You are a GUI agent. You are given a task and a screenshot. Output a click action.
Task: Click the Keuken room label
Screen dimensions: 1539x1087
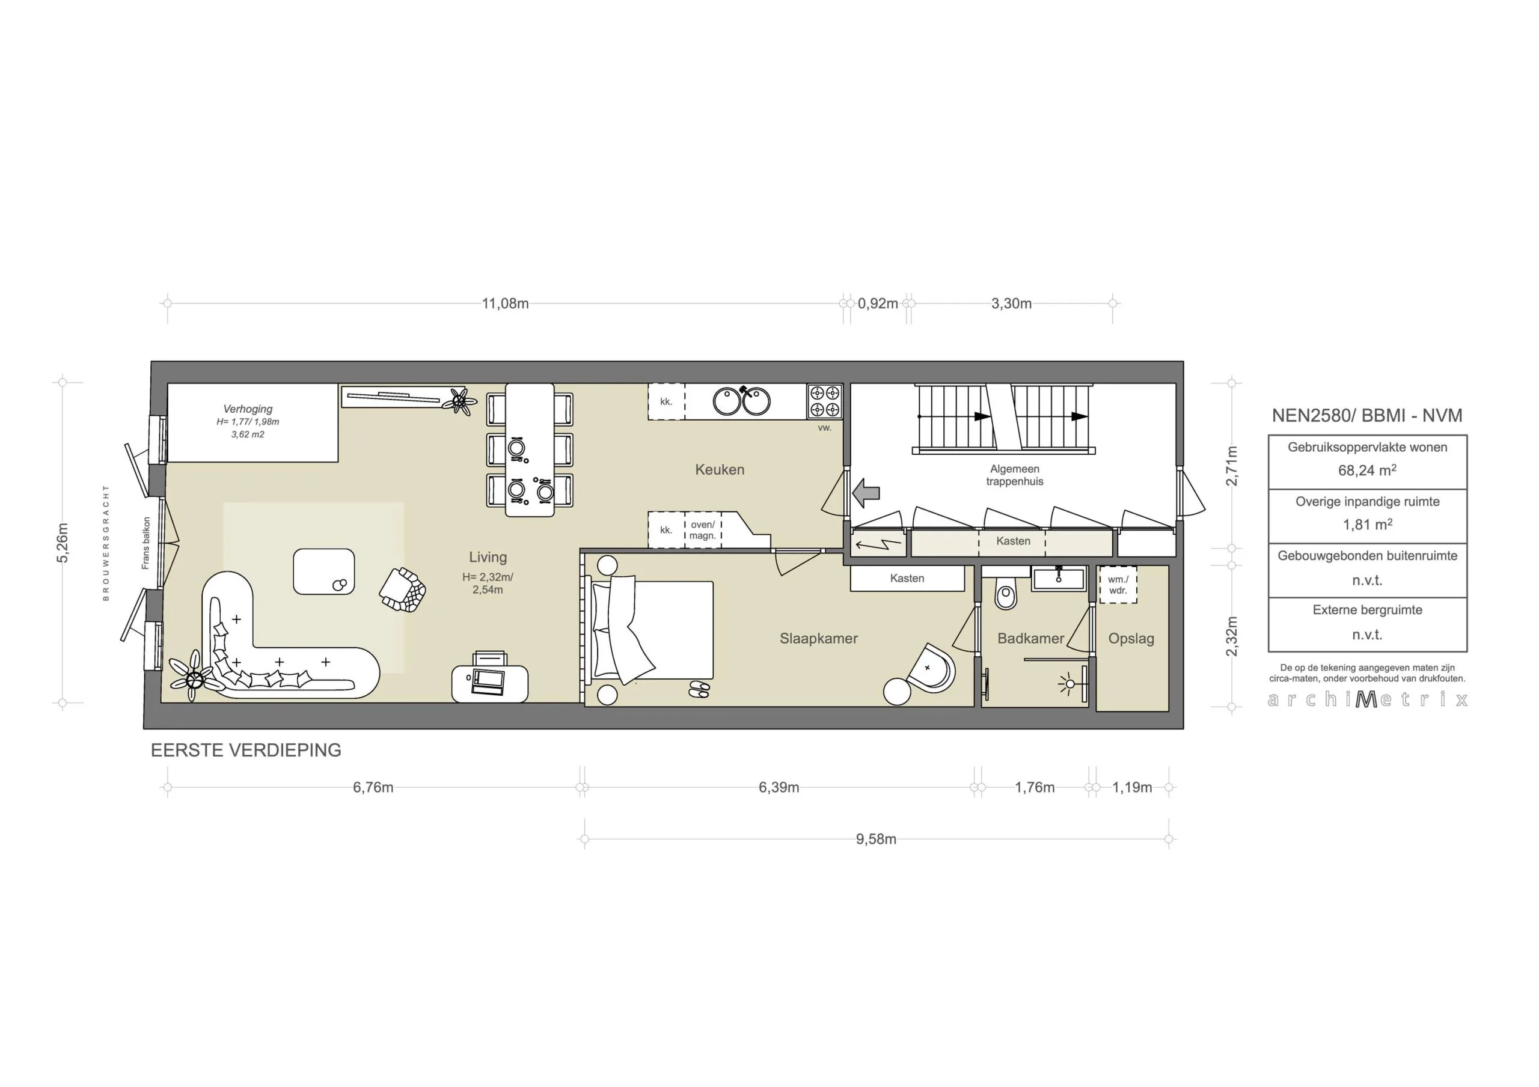pyautogui.click(x=719, y=470)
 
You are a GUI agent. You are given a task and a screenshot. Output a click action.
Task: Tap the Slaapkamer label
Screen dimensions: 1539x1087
pyautogui.click(x=818, y=639)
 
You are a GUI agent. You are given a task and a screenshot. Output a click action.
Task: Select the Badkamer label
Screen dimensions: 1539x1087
pyautogui.click(x=1030, y=639)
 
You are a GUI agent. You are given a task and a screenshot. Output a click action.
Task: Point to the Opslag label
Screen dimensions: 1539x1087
pyautogui.click(x=1131, y=639)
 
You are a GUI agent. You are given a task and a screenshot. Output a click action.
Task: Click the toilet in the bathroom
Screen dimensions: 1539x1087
pyautogui.click(x=1005, y=592)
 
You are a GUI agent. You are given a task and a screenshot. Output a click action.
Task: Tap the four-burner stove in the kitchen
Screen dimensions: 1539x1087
pyautogui.click(x=824, y=401)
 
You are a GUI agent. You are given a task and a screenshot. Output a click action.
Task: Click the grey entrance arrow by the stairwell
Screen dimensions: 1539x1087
pyautogui.click(x=866, y=493)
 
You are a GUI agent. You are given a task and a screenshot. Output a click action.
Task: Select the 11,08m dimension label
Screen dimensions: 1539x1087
pyautogui.click(x=506, y=303)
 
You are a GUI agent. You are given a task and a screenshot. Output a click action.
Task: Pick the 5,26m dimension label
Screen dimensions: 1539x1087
pyautogui.click(x=63, y=543)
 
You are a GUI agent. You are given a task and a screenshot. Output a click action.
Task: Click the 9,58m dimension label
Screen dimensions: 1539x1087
pyautogui.click(x=876, y=839)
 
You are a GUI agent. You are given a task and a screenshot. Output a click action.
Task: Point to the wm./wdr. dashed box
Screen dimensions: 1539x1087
pyautogui.click(x=1118, y=585)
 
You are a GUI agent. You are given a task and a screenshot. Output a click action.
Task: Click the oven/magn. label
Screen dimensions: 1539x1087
pyautogui.click(x=703, y=530)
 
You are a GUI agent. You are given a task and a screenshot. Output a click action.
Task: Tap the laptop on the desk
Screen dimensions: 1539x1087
pyautogui.click(x=488, y=681)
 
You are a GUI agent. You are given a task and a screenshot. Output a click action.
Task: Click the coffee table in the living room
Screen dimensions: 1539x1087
pyautogui.click(x=324, y=571)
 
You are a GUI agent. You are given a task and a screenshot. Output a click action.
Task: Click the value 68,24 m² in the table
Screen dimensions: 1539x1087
pyautogui.click(x=1366, y=470)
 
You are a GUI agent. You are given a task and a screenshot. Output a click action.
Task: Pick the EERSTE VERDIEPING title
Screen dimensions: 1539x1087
pyautogui.click(x=246, y=751)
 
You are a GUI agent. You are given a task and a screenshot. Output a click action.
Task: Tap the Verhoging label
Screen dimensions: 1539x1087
pyautogui.click(x=248, y=409)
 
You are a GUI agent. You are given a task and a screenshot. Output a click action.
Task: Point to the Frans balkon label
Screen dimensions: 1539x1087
pyautogui.click(x=145, y=543)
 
